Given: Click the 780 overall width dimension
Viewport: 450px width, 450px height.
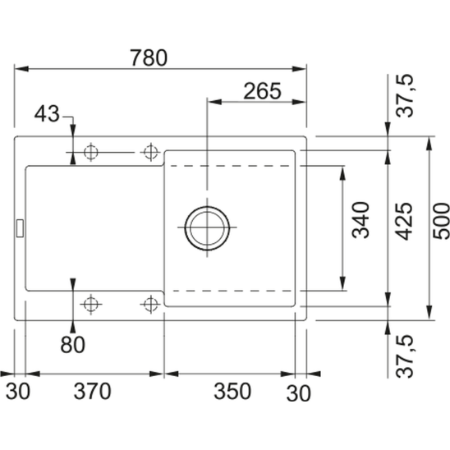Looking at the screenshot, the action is coord(149,58).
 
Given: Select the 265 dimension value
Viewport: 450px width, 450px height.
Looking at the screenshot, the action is coord(262,91).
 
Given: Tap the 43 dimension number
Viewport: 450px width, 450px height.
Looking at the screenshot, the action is coord(47,113).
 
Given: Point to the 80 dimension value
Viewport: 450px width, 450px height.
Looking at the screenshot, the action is coord(72,344).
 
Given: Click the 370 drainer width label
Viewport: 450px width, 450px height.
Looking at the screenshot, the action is coord(93,391).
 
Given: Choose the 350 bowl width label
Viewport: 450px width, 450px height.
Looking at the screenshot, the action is coord(232,391).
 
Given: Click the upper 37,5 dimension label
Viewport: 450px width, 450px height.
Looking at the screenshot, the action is coord(405,95).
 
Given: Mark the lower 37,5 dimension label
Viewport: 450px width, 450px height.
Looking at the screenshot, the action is coord(405,356).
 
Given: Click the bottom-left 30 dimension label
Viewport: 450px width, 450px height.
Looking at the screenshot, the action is coord(18,391).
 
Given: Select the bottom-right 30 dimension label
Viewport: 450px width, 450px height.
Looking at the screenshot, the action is coord(298,393).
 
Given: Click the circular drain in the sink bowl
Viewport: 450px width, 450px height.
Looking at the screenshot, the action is coord(207,227).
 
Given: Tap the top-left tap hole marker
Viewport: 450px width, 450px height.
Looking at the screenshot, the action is coord(91,152).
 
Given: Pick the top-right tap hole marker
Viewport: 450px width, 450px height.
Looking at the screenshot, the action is coord(151,152).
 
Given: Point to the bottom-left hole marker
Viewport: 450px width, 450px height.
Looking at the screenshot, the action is coord(91,304).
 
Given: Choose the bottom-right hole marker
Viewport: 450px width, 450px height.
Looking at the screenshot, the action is coord(151,304).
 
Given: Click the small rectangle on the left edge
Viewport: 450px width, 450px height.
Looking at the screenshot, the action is coord(20,228).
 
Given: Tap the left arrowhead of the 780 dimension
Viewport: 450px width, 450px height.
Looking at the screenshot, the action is coord(21,69).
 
